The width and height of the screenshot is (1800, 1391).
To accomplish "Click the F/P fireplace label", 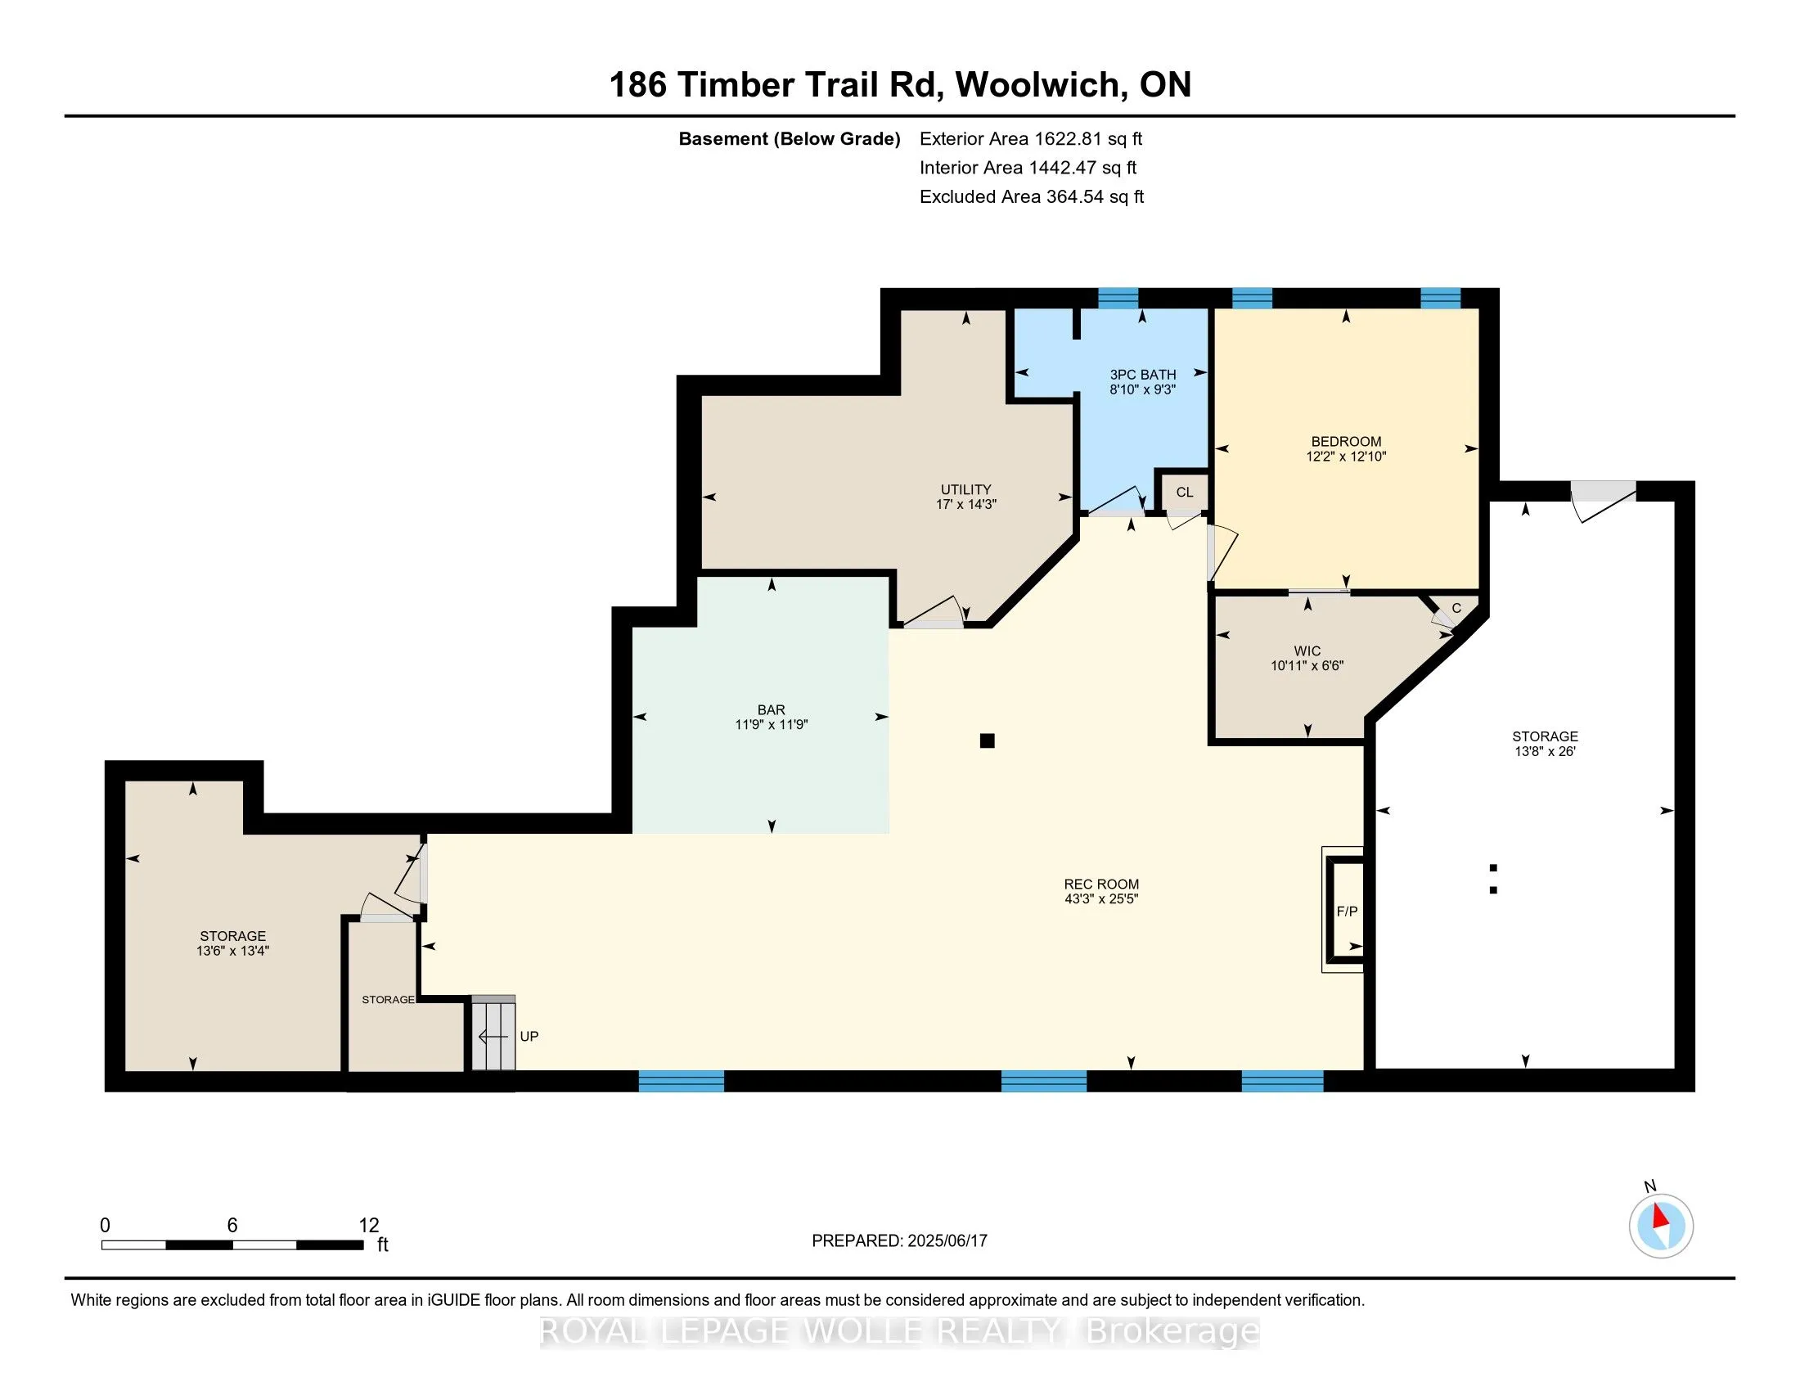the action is pyautogui.click(x=1347, y=912).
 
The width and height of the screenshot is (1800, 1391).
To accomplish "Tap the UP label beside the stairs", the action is pyautogui.click(x=529, y=1036).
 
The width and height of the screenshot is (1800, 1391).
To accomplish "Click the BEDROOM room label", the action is pyautogui.click(x=1346, y=442).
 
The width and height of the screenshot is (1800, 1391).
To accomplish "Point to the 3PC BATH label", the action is pyautogui.click(x=1142, y=375).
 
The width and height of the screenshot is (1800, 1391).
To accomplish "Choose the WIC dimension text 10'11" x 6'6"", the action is pyautogui.click(x=1307, y=666).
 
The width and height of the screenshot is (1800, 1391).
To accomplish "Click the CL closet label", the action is pyautogui.click(x=1185, y=492).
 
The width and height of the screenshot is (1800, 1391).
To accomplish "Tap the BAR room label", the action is pyautogui.click(x=772, y=709).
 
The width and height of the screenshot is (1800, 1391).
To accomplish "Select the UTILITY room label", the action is pyautogui.click(x=966, y=489).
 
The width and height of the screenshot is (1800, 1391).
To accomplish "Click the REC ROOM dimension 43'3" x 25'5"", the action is pyautogui.click(x=1101, y=899).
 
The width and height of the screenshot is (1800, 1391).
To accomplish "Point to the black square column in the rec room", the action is pyautogui.click(x=988, y=741).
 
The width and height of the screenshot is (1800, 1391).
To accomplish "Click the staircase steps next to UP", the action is pyautogui.click(x=493, y=1033).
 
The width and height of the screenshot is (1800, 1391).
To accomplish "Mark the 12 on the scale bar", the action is pyautogui.click(x=368, y=1226).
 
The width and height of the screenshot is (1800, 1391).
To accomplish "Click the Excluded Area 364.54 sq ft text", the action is pyautogui.click(x=1032, y=197).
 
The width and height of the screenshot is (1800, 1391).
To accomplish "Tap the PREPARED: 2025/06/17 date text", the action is pyautogui.click(x=899, y=1241).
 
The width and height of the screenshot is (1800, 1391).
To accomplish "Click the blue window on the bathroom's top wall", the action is pyautogui.click(x=1118, y=298).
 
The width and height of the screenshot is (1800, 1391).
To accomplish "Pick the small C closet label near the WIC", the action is pyautogui.click(x=1456, y=608).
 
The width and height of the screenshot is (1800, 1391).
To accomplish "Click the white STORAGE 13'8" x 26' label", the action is pyautogui.click(x=1546, y=743).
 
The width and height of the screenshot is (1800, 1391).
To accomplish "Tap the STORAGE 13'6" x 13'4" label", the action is pyautogui.click(x=232, y=943).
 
